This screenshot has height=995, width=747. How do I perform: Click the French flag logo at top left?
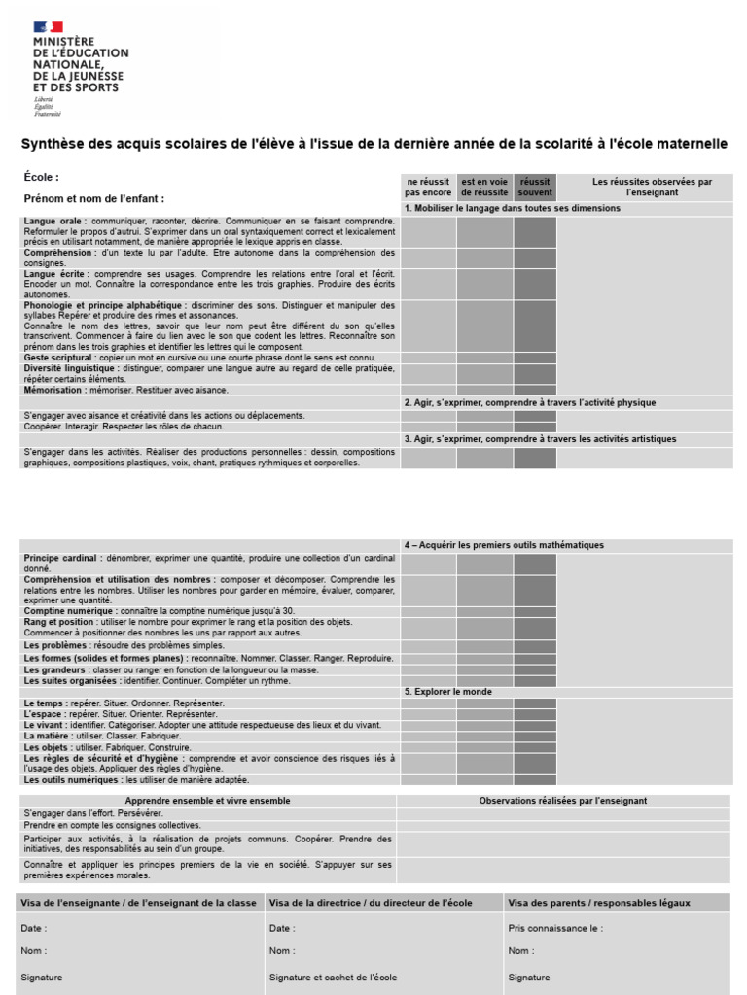tap(48, 27)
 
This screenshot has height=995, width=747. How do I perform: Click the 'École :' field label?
tap(42, 177)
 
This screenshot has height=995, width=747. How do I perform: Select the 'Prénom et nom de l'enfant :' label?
tap(94, 198)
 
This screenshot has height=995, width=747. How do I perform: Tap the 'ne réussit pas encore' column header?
tap(428, 187)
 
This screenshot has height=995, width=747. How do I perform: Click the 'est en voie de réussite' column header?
tap(484, 187)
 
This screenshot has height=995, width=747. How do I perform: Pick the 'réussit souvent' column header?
tap(535, 187)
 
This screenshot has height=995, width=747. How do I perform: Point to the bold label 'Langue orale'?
tap(54, 222)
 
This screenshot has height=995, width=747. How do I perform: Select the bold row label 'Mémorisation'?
tap(57, 390)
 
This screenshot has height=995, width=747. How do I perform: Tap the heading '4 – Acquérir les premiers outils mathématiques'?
tap(504, 545)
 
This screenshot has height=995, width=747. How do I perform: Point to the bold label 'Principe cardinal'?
tap(62, 559)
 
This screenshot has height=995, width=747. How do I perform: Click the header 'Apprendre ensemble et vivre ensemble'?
tap(207, 801)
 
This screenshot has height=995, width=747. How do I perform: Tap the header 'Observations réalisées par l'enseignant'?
tap(563, 801)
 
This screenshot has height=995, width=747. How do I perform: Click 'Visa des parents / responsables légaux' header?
tap(599, 903)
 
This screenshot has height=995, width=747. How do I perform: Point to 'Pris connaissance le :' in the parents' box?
tap(555, 928)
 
